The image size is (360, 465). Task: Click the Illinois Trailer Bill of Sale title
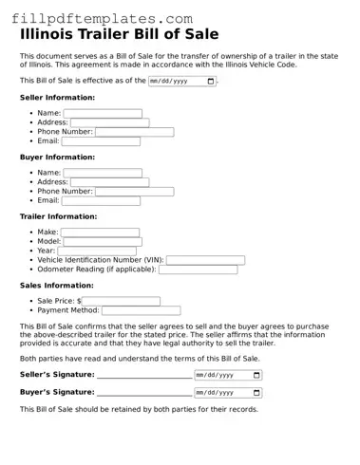119,34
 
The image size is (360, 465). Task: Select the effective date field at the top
181,82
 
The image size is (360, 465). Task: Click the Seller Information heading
57,98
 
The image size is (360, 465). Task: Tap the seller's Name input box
103,113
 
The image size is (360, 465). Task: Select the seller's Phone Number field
134,132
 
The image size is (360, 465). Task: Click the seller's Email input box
101,141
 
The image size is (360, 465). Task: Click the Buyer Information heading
57,158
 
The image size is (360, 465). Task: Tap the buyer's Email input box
101,201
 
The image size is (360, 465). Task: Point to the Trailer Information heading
59,216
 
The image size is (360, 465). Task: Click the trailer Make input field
100,232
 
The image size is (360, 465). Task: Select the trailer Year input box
97,251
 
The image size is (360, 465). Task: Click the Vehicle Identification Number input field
205,260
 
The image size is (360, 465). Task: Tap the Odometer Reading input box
198,270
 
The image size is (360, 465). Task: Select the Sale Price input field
121,301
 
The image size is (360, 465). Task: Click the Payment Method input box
141,310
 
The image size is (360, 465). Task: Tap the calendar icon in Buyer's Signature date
256,392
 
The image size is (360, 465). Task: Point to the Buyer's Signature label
57,392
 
